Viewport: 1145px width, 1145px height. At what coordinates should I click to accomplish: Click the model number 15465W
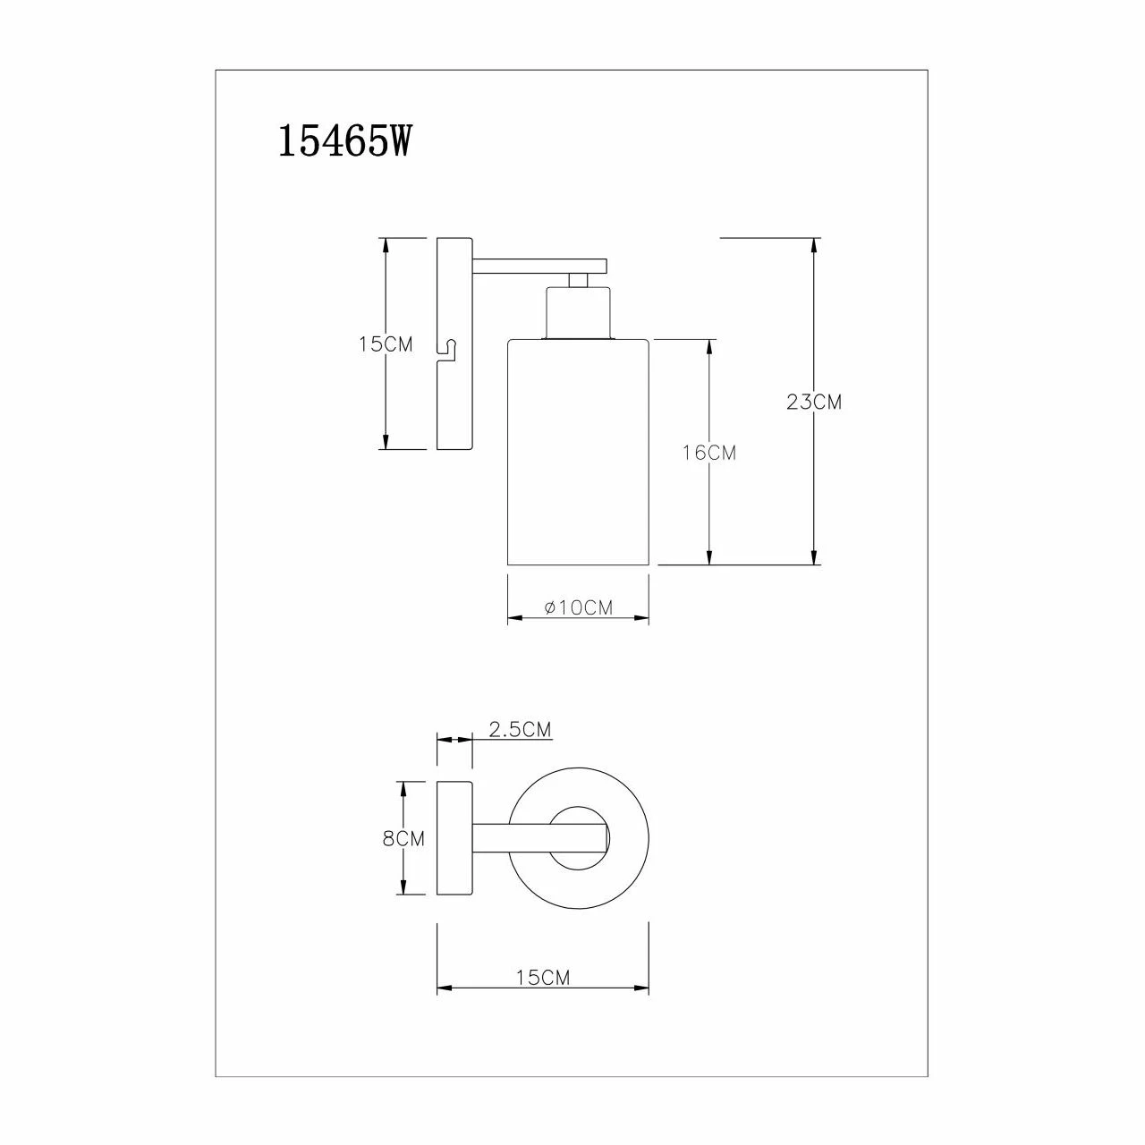point(344,141)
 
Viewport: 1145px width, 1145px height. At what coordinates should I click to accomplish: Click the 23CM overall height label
point(814,403)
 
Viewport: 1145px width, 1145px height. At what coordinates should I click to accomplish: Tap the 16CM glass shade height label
point(708,453)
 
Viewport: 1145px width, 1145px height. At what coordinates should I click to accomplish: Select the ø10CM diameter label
point(578,607)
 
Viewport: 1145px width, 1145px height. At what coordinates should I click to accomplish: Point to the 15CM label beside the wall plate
point(386,343)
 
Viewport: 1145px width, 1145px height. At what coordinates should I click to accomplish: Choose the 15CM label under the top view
point(542,978)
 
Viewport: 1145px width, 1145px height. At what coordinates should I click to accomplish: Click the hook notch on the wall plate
point(447,349)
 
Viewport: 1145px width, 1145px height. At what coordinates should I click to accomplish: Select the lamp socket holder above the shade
point(579,313)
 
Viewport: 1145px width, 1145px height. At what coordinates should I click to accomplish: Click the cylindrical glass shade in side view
point(578,452)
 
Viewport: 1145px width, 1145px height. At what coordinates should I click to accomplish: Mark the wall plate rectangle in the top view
point(454,838)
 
